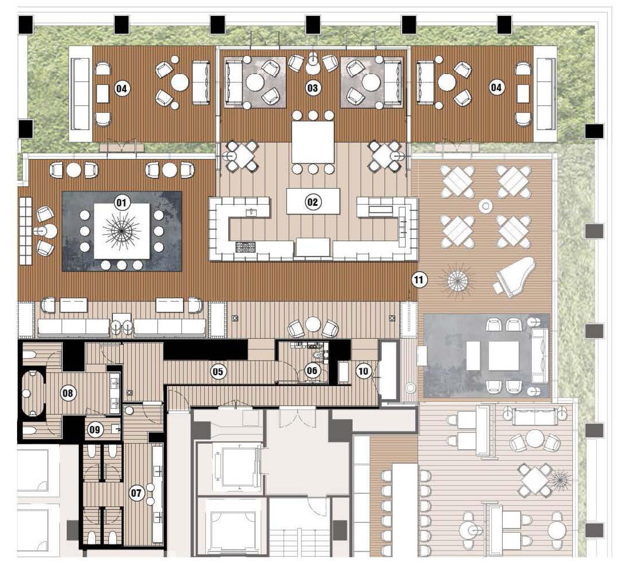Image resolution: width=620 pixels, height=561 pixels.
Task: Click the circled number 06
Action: tap(312, 370)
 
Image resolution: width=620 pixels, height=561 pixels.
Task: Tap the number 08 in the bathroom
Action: tap(68, 393)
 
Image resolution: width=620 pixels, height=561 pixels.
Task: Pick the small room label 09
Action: tap(95, 429)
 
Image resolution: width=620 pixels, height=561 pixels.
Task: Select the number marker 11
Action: tap(419, 280)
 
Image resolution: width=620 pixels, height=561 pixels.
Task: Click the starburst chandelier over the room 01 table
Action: tap(122, 231)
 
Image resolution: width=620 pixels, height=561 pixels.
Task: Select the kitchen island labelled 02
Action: tap(313, 201)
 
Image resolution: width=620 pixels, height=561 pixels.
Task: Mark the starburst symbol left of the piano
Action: tap(457, 281)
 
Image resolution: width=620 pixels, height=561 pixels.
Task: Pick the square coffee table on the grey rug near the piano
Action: tap(503, 356)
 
